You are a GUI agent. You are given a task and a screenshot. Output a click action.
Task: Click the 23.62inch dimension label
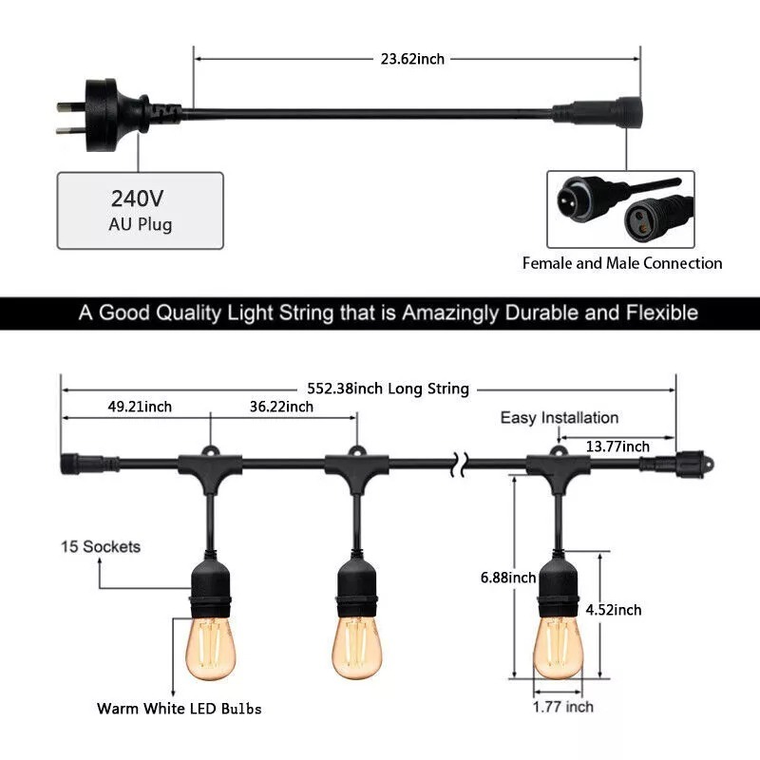[412, 59]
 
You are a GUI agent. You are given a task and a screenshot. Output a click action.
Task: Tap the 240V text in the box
[137, 199]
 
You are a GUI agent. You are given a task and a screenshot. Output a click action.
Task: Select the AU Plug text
[140, 224]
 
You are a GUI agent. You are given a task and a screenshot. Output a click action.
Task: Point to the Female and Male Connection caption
[622, 263]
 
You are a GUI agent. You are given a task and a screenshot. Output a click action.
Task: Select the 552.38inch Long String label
[389, 389]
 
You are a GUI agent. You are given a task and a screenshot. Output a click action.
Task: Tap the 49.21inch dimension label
[140, 407]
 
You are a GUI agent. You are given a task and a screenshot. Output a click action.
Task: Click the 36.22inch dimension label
[281, 407]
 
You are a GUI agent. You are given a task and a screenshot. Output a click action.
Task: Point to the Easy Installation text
[560, 418]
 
